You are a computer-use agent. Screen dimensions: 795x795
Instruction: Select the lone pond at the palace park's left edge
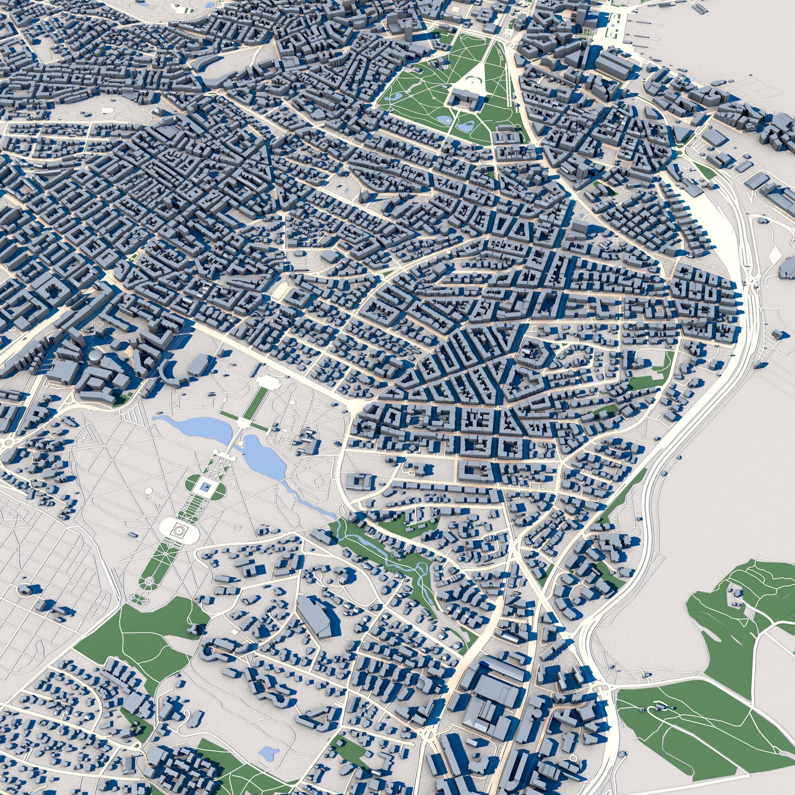(397, 96)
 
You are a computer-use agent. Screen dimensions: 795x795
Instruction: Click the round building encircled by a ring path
(25, 588)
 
